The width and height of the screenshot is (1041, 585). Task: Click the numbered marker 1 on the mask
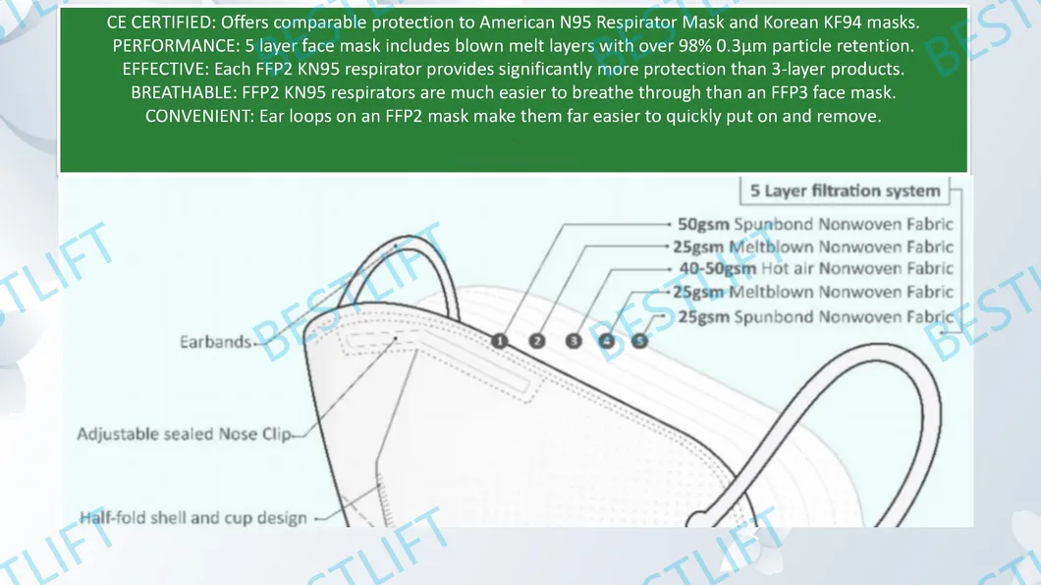pos(500,341)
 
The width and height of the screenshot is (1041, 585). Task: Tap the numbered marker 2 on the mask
pos(537,341)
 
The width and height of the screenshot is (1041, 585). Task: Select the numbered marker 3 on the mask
pos(574,341)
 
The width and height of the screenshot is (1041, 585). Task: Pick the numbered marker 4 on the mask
pos(607,341)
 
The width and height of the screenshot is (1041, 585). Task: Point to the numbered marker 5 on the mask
pos(640,341)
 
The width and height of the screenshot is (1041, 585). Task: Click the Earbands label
pos(214,343)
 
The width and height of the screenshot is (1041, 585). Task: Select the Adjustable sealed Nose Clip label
pos(184,433)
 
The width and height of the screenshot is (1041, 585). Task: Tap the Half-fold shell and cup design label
pos(192,517)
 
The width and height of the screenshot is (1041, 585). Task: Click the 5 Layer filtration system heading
pos(846,190)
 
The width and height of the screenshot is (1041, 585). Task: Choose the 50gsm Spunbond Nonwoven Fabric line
pos(815,224)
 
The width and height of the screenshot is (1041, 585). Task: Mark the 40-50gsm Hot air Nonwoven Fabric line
pos(815,269)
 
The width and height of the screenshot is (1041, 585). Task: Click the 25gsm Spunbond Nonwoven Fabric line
pos(815,316)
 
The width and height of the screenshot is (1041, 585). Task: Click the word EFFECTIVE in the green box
pos(161,69)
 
